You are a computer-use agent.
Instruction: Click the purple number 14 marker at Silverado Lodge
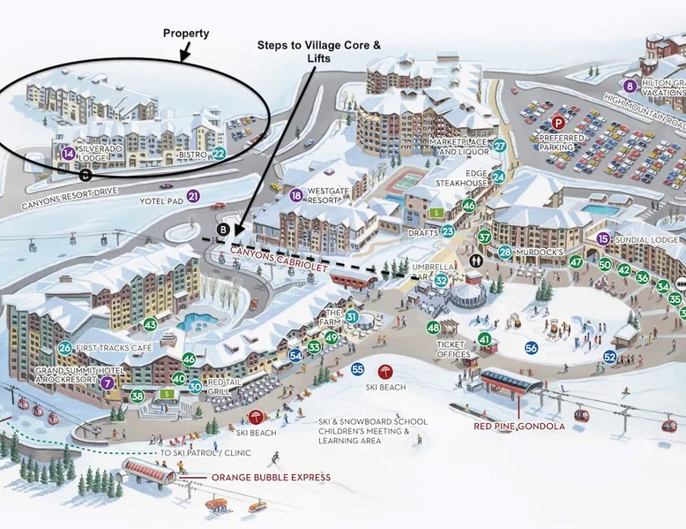68,154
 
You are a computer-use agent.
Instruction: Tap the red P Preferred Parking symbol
557,125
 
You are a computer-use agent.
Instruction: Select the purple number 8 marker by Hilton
630,87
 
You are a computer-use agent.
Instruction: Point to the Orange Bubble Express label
271,478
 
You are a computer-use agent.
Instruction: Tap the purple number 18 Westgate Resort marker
295,195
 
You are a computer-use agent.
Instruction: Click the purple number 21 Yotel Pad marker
193,196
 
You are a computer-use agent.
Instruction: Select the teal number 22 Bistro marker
220,154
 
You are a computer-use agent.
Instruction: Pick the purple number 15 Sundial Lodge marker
603,239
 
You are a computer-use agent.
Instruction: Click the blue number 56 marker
531,347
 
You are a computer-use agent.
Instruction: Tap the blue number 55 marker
357,369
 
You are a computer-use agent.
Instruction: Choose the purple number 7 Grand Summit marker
108,382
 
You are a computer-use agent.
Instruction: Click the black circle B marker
223,230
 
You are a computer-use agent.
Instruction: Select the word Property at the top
186,34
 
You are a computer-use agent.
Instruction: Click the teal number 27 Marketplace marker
499,146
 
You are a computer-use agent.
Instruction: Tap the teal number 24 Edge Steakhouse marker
498,177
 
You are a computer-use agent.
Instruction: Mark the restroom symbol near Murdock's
477,261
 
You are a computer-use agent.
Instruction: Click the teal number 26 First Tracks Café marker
65,348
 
